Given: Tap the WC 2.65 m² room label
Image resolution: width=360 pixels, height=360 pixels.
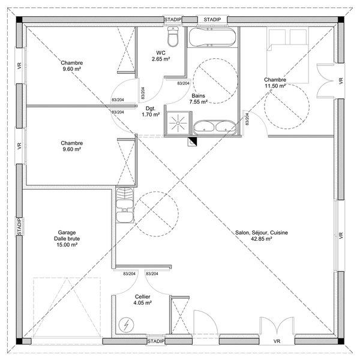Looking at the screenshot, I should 160,56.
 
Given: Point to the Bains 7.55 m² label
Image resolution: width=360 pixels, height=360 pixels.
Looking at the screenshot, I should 199,99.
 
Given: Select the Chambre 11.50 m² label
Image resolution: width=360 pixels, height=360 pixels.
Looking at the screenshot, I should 275,83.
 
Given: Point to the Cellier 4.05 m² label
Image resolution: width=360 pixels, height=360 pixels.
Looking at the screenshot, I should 142,299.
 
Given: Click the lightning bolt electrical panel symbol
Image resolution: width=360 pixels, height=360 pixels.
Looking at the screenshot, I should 127,326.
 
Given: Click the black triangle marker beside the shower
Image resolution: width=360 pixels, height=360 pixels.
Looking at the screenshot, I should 193,142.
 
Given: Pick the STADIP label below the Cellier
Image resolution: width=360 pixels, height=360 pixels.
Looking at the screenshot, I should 156,341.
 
